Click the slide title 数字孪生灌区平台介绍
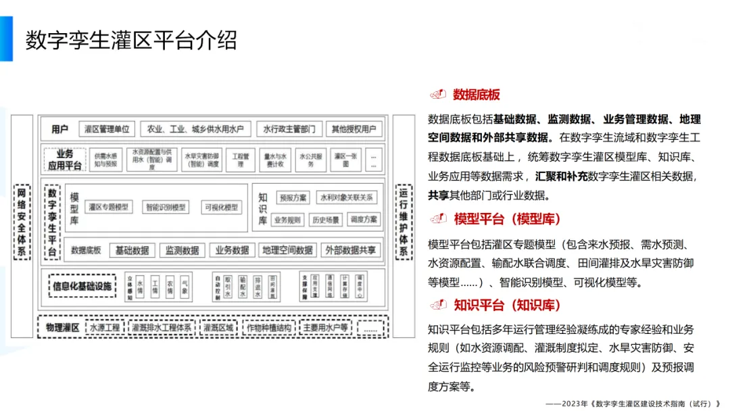click(x=131, y=40)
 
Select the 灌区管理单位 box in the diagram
click(x=107, y=129)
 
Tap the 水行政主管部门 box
click(x=289, y=129)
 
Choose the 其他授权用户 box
click(x=354, y=129)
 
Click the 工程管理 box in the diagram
click(x=241, y=160)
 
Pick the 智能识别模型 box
click(x=166, y=207)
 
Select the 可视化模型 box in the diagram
click(x=222, y=207)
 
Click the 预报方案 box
click(x=293, y=197)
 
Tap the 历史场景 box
click(x=325, y=220)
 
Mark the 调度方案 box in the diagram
click(x=364, y=220)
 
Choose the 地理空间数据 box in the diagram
click(x=287, y=250)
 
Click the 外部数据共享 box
click(x=350, y=250)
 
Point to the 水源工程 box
click(x=105, y=328)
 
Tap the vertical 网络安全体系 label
click(x=22, y=222)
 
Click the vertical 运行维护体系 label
click(x=404, y=222)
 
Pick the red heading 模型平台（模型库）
click(x=508, y=219)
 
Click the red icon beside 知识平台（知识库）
click(x=438, y=305)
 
